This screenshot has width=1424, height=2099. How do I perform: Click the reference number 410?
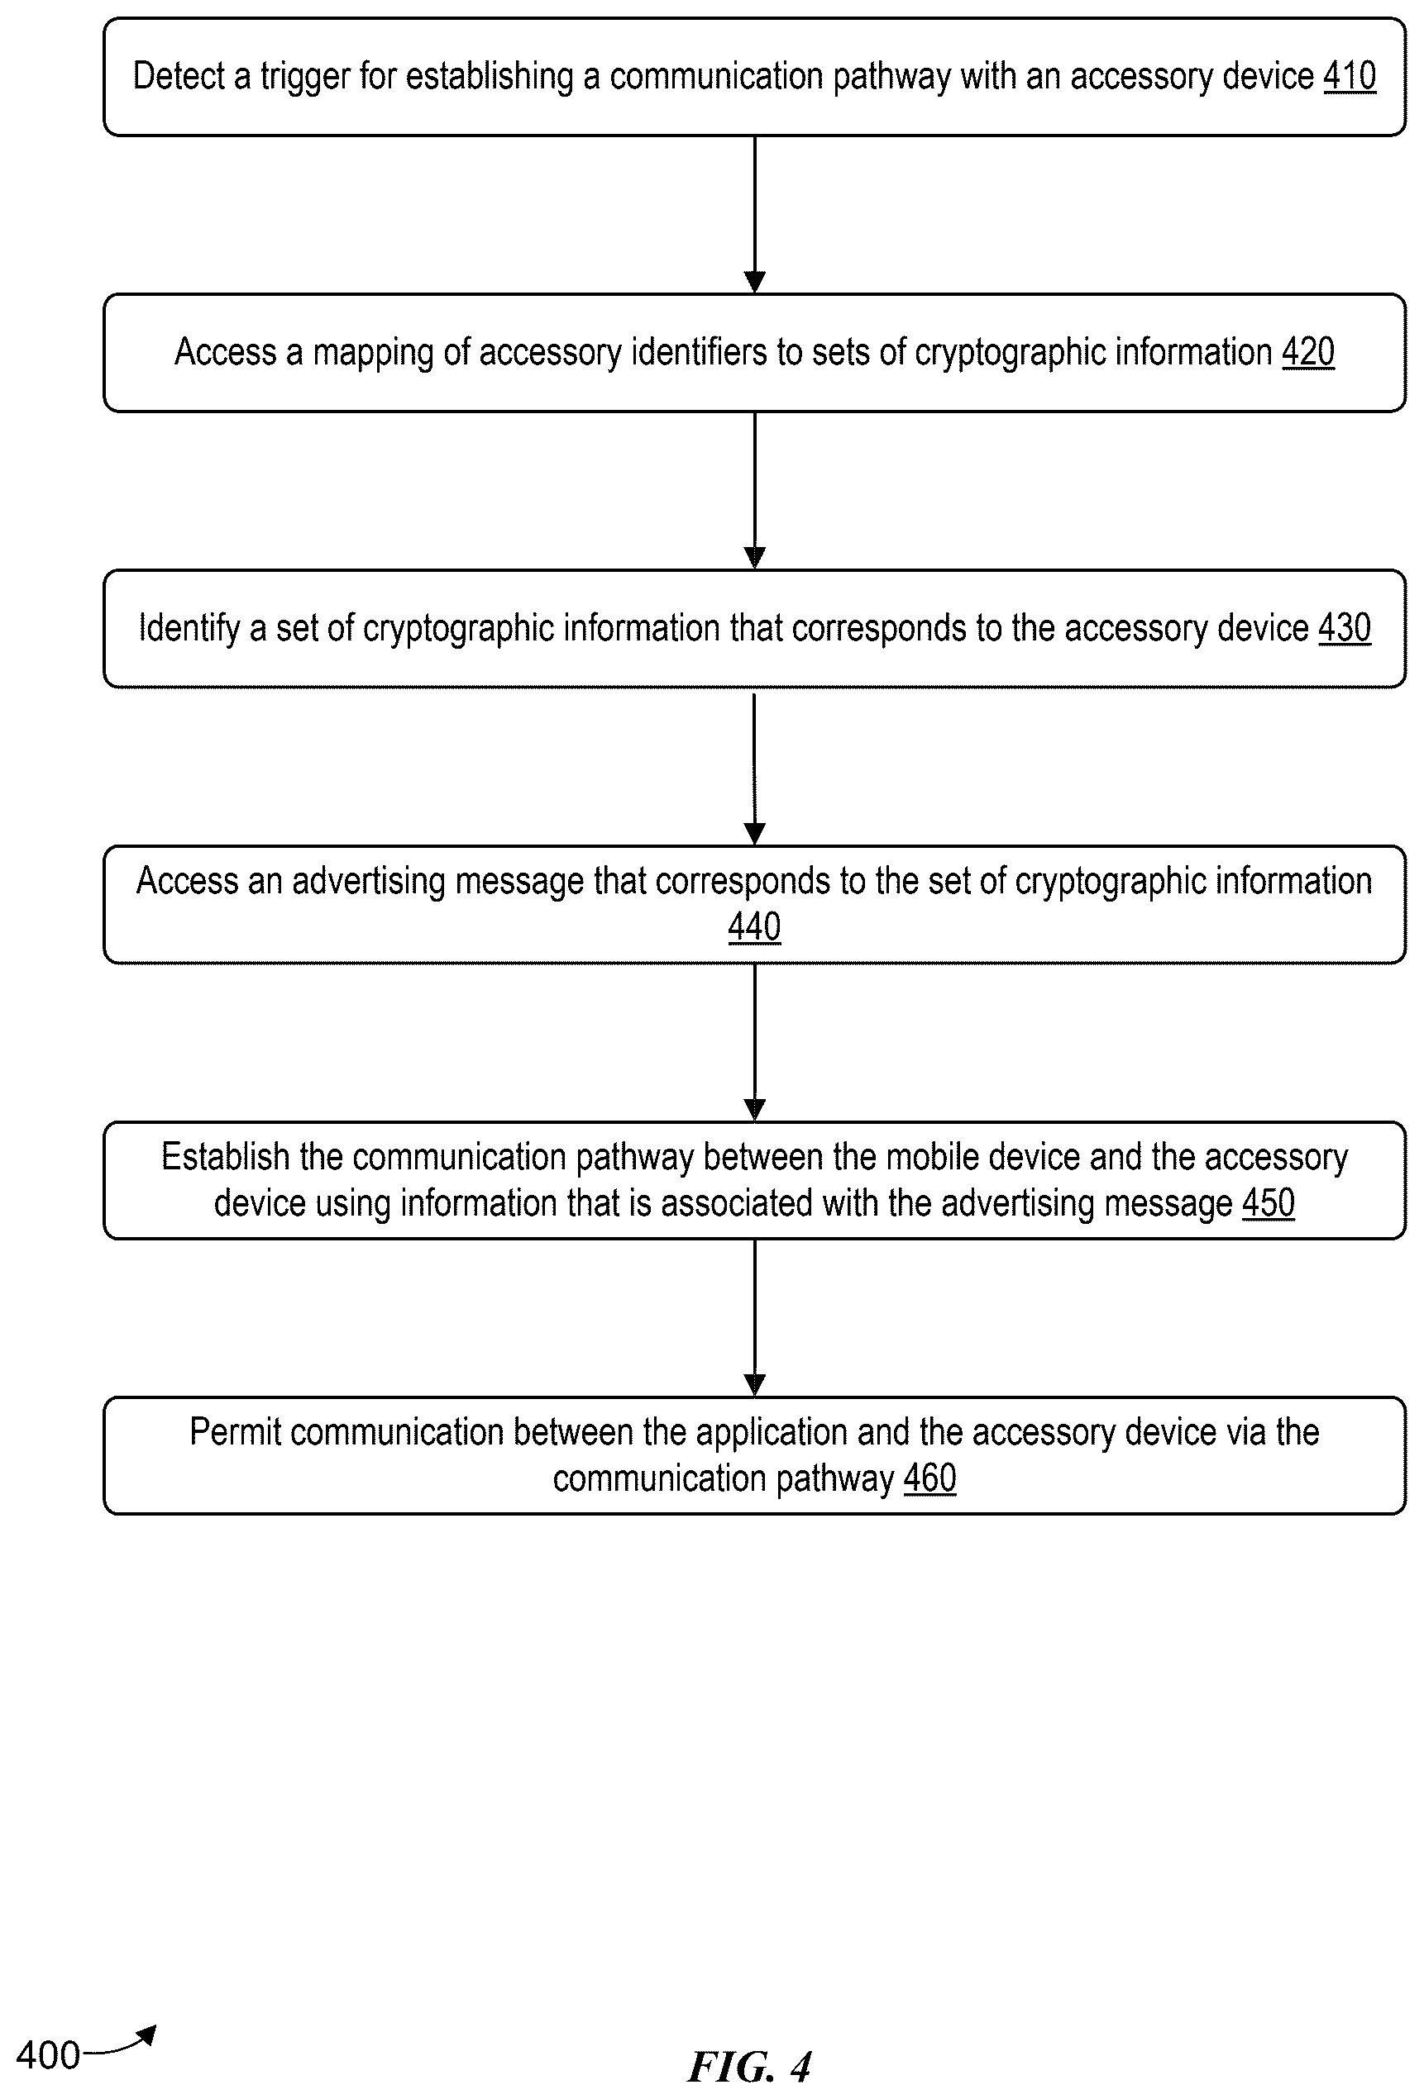tap(1349, 76)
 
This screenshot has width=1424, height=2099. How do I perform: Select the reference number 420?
tap(1307, 351)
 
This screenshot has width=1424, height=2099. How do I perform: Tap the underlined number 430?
tap(1345, 628)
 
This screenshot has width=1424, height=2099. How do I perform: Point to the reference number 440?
tap(754, 926)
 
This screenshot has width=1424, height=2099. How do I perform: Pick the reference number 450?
tap(1268, 1203)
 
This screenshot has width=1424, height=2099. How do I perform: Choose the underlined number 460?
tap(929, 1478)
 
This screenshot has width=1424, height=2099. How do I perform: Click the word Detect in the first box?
tap(179, 76)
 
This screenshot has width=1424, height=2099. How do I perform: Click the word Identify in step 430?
tap(189, 629)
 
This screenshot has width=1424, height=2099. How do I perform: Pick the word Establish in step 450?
tap(225, 1157)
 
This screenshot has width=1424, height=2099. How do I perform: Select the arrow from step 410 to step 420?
tap(754, 215)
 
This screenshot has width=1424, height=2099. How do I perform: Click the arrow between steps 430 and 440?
tap(754, 768)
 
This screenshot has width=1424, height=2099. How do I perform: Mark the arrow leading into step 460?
tap(754, 1318)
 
